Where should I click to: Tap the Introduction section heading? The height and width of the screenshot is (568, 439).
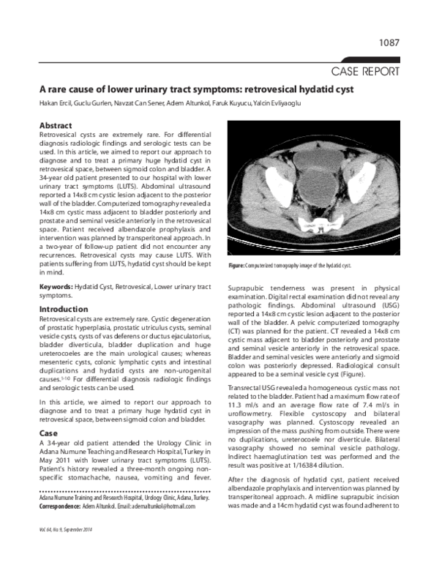pos(64,310)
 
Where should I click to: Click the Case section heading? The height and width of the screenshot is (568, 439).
pos(48,433)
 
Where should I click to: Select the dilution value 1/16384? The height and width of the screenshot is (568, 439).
pos(329,463)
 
